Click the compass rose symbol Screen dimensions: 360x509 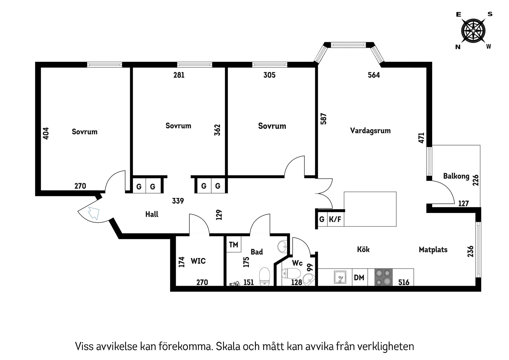pos(473,31)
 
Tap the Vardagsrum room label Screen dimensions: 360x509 pos(370,131)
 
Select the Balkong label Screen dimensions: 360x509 pos(456,176)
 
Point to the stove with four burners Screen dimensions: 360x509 pos(383,277)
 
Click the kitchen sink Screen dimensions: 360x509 pos(340,277)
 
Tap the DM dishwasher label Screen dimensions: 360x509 pos(359,278)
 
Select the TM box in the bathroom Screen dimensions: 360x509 pos(234,245)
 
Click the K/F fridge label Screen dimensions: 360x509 pos(335,219)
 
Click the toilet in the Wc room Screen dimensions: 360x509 pos(291,273)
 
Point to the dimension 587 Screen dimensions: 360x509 pos(324,119)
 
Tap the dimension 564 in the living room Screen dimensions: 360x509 pos(374,75)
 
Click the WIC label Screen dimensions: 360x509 pos(198,261)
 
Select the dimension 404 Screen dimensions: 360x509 pos(46,133)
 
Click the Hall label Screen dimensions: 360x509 pos(152,214)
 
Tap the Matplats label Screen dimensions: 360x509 pos(433,250)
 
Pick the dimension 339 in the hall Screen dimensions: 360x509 pos(178,201)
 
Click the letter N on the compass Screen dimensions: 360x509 pos(458,47)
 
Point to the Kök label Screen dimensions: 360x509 pos(363,249)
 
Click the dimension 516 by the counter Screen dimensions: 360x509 pos(404,282)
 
